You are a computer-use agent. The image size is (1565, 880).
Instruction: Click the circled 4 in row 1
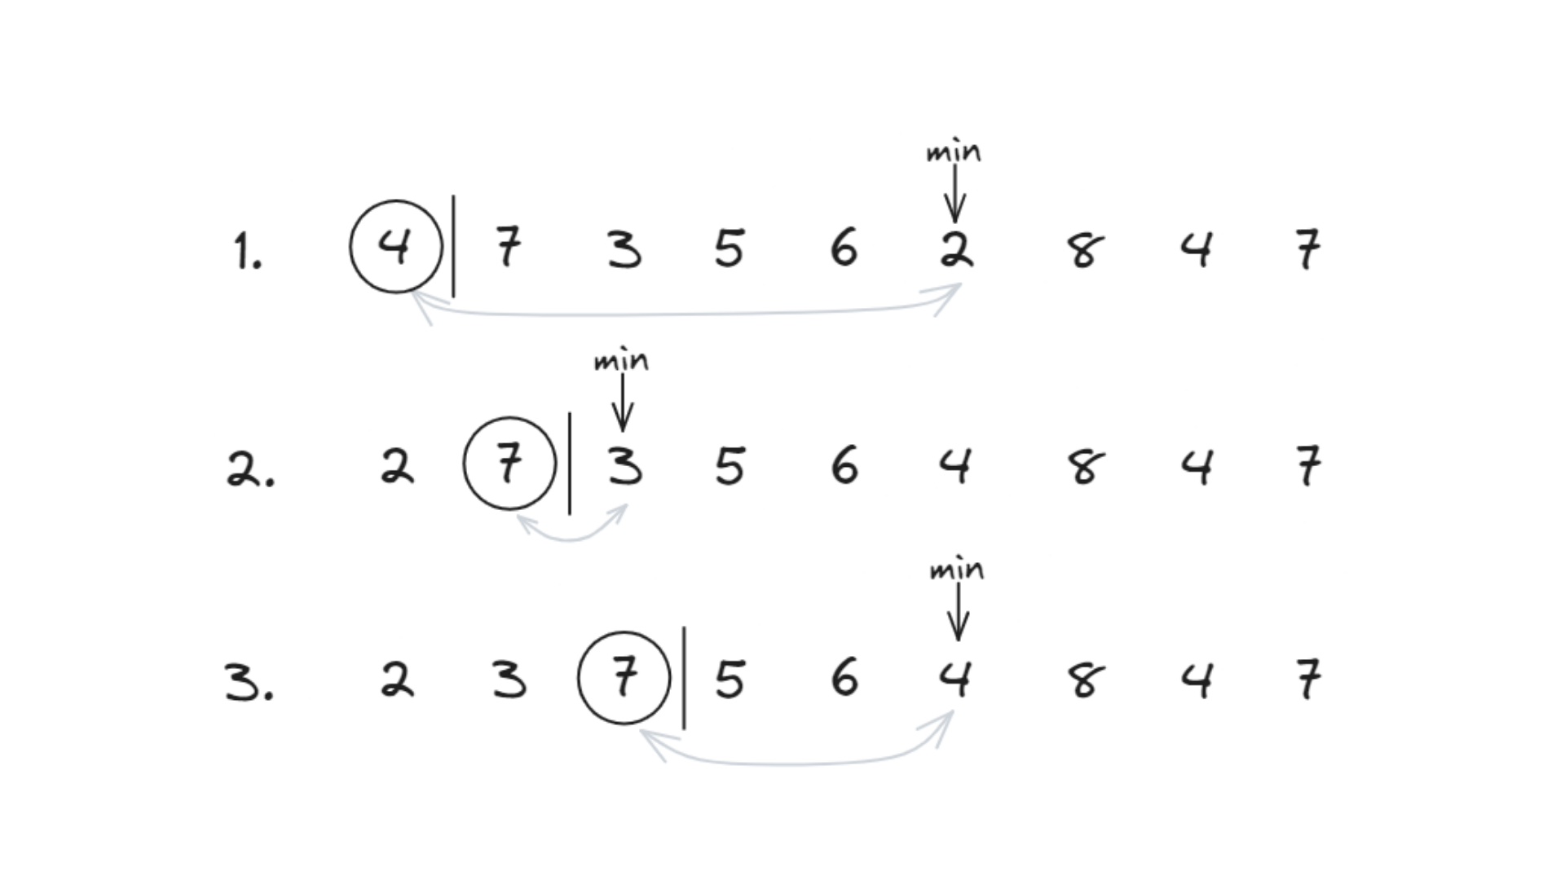(x=396, y=246)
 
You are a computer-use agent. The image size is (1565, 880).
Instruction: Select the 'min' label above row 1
(x=954, y=152)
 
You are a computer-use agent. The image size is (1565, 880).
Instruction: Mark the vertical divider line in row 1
(x=453, y=246)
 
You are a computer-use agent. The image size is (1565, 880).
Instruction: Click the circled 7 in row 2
(x=509, y=464)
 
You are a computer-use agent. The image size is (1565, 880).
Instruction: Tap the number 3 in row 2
(x=624, y=467)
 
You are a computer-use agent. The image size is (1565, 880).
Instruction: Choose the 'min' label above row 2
(x=621, y=361)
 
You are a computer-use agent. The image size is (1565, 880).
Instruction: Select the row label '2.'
(x=250, y=469)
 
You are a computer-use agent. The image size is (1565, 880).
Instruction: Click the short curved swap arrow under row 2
(x=571, y=538)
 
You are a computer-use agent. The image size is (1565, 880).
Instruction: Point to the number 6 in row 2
(x=844, y=465)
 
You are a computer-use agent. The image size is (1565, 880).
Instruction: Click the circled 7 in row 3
(x=624, y=677)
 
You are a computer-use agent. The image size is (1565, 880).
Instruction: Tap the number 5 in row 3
(x=730, y=680)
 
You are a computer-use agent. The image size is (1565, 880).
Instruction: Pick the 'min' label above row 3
(x=957, y=570)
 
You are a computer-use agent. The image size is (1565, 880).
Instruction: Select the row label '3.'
(x=249, y=682)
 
